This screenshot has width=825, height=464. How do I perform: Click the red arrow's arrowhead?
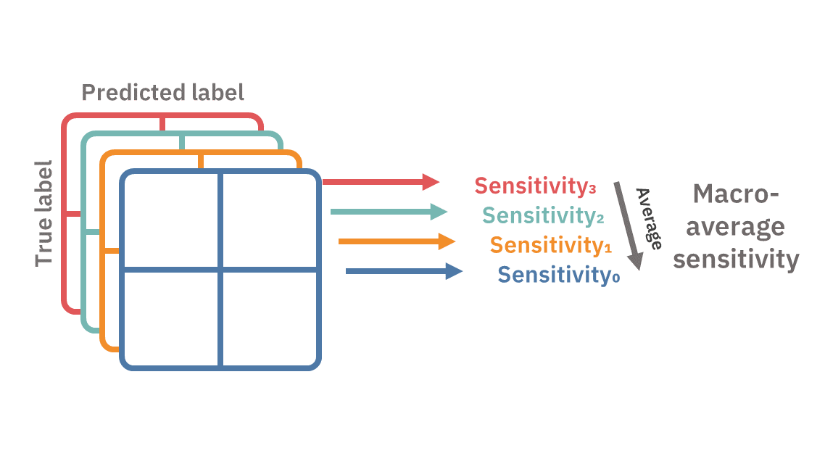pyautogui.click(x=432, y=182)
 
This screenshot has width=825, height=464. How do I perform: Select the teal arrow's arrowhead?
pyautogui.click(x=439, y=212)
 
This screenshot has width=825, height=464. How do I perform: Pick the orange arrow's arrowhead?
pyautogui.click(x=447, y=241)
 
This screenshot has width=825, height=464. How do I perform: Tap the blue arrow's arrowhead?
pyautogui.click(x=455, y=271)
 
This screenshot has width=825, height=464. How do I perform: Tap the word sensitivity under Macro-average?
pyautogui.click(x=735, y=259)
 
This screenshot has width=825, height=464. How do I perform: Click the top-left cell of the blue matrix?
pyautogui.click(x=172, y=220)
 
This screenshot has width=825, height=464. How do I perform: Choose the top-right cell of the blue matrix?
pyautogui.click(x=269, y=220)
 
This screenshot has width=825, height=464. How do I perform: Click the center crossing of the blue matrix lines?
pyautogui.click(x=220, y=270)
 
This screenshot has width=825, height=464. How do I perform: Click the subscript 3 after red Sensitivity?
pyautogui.click(x=592, y=190)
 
